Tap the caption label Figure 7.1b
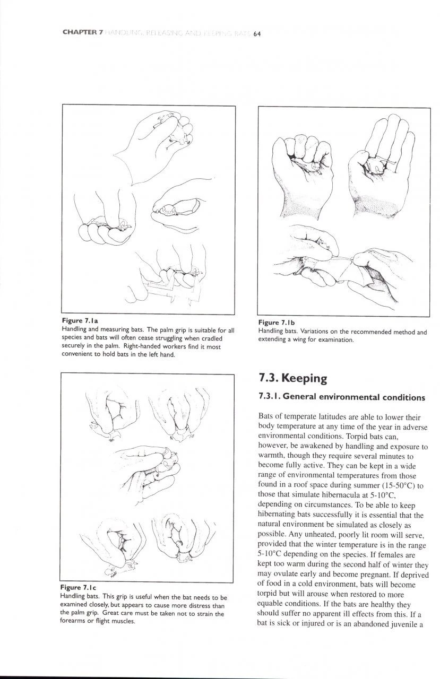[x=276, y=323]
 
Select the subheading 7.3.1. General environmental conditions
[x=342, y=397]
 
